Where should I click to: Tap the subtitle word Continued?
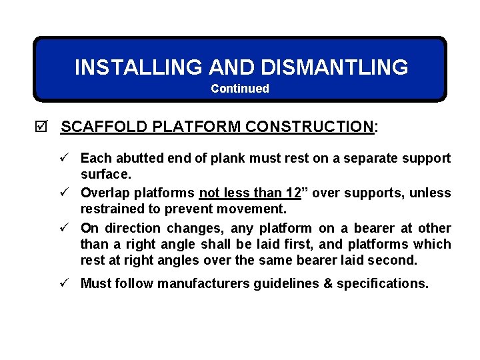(240, 89)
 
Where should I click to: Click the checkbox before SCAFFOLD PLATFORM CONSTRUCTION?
(45, 127)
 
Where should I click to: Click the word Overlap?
(105, 193)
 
